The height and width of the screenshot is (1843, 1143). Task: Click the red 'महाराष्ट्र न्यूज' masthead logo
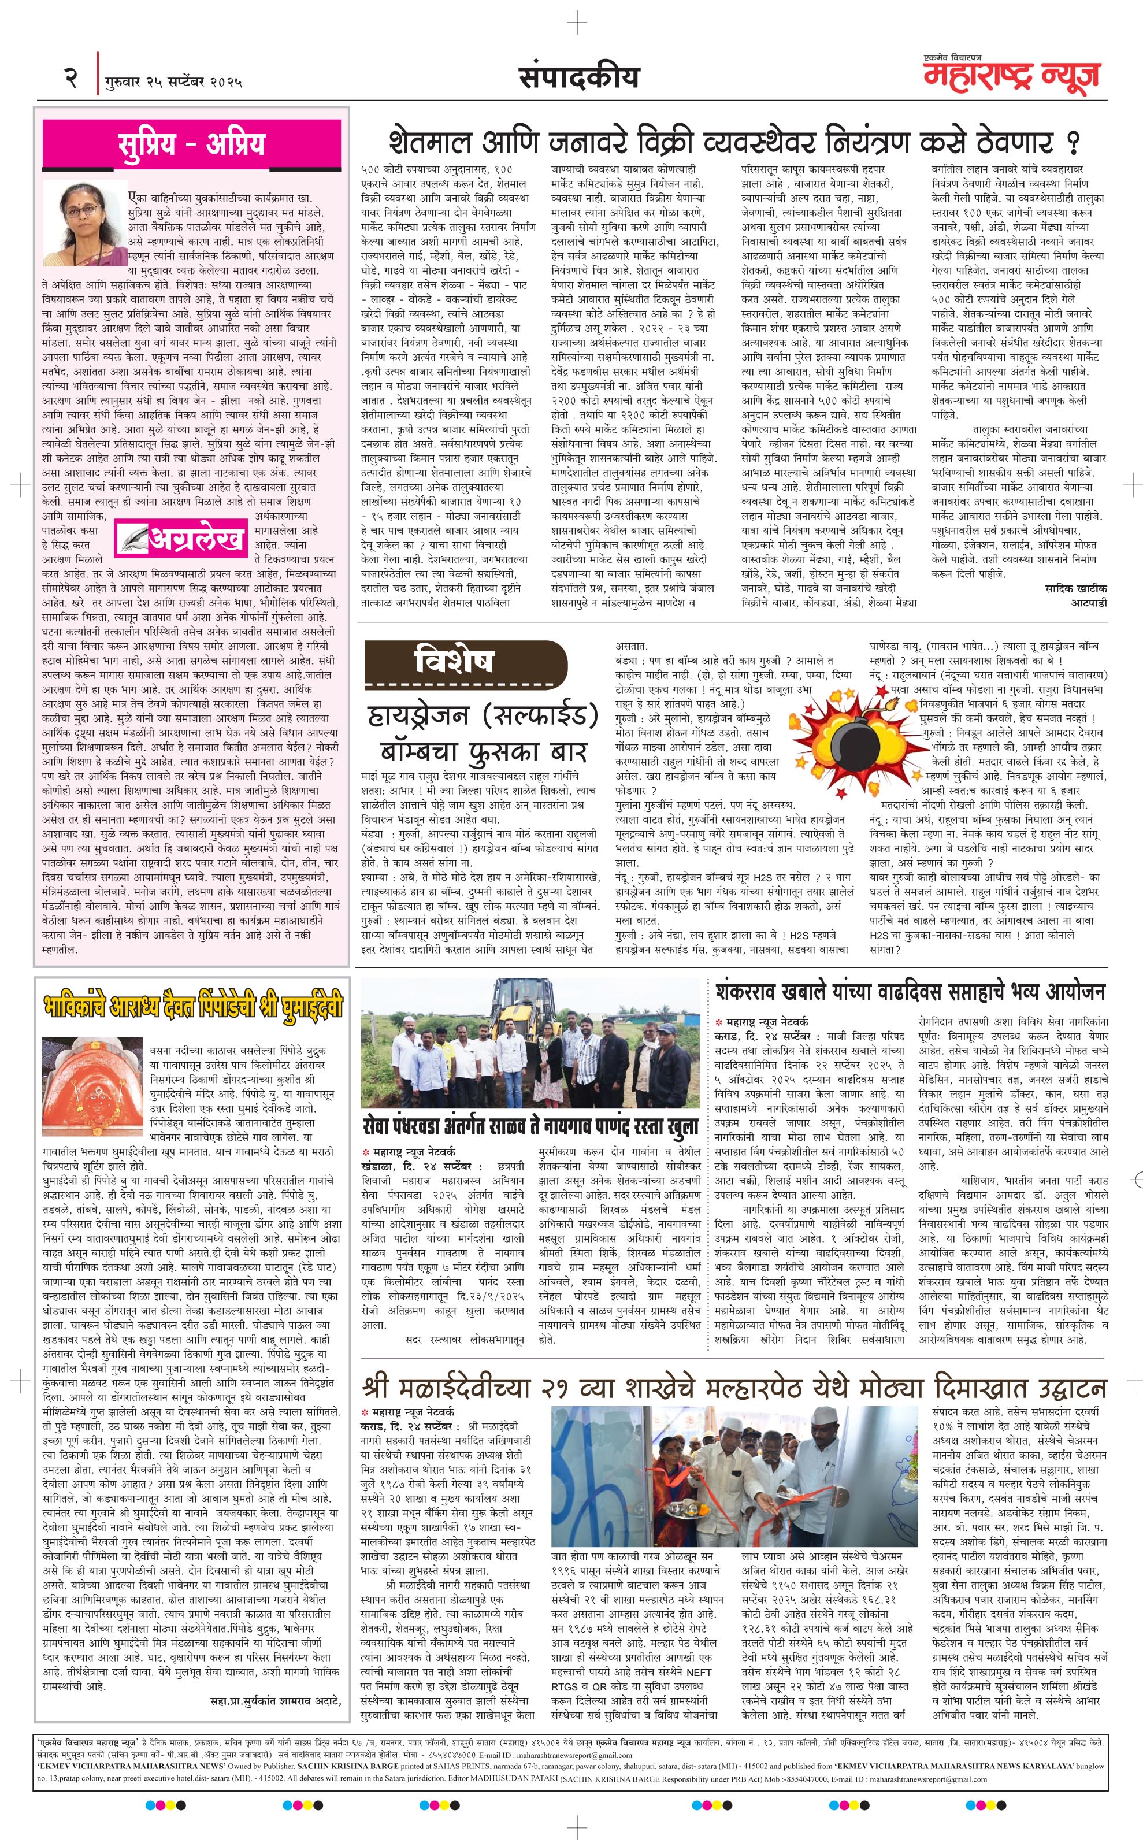coord(1011,76)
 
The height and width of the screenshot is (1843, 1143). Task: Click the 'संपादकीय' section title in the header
coord(578,76)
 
